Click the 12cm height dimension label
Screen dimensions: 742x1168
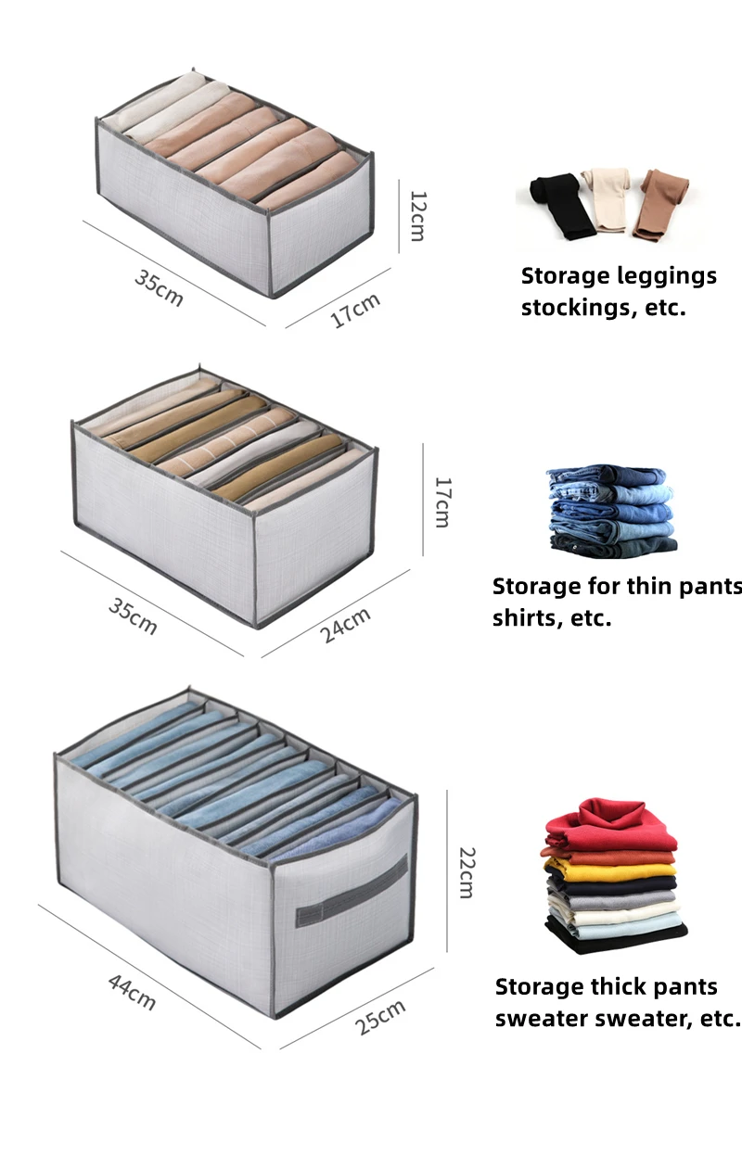(x=418, y=214)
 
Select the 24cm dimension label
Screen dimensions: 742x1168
(x=345, y=626)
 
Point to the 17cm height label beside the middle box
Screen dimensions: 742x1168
(x=442, y=501)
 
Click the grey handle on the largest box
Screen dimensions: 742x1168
(x=352, y=892)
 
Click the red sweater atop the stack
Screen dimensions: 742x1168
(x=611, y=825)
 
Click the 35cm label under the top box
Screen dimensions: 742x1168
(x=159, y=288)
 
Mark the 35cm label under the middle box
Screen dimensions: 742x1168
(x=133, y=616)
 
